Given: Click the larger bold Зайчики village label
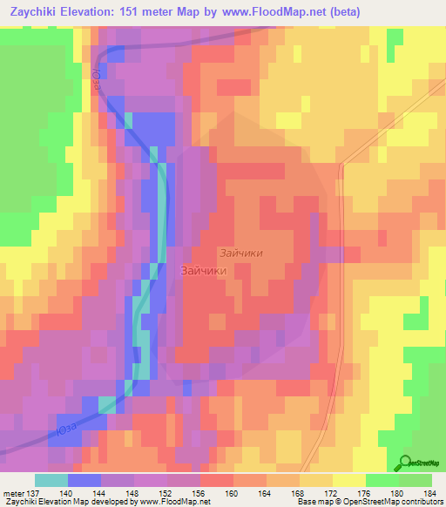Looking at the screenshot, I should tap(204, 271).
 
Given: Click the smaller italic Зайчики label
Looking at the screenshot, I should tap(241, 253).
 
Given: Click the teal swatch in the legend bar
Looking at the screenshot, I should tap(51, 480).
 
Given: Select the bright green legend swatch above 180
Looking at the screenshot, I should tap(382, 480).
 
